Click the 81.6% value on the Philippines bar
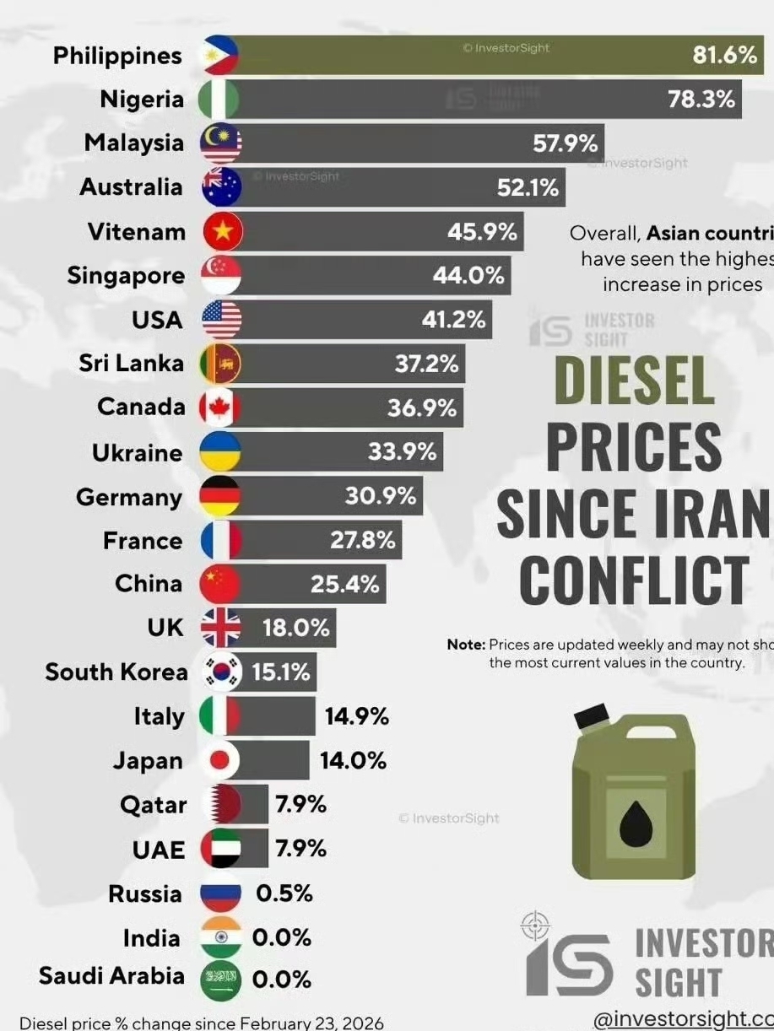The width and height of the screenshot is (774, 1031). (724, 56)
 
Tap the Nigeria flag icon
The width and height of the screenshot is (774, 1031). (219, 100)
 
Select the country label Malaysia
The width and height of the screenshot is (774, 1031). (133, 143)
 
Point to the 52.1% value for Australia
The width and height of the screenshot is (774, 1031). (528, 187)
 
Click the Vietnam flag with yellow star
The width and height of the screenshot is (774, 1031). (222, 231)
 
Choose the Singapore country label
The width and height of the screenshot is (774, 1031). (126, 276)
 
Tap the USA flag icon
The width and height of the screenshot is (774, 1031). (221, 320)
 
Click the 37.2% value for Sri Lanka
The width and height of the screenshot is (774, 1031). (426, 364)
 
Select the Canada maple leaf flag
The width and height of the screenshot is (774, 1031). (220, 408)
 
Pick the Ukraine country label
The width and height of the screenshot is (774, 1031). (137, 453)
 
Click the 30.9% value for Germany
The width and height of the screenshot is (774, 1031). (381, 496)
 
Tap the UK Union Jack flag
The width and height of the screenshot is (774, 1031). (221, 628)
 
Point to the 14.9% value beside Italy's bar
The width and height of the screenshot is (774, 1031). (356, 716)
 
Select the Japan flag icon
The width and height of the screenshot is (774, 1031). (220, 761)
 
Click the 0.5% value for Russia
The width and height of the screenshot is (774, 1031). (284, 893)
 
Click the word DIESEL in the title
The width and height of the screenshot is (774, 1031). (633, 381)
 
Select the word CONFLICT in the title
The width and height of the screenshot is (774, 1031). (634, 580)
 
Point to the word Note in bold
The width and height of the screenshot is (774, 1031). (466, 645)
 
